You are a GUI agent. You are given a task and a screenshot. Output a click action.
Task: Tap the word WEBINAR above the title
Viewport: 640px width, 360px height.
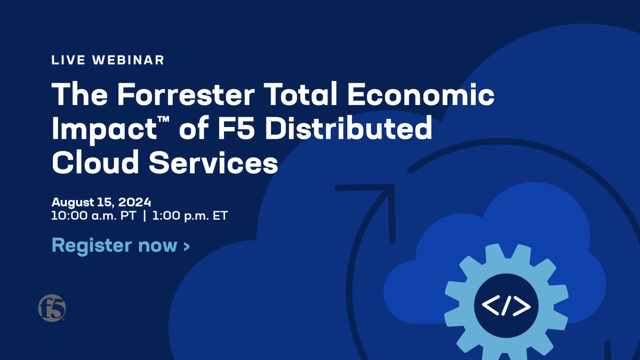(129, 60)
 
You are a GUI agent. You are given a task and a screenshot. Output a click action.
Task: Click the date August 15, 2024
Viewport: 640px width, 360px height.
(101, 203)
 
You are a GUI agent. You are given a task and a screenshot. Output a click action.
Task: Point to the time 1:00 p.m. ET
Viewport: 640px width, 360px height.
(190, 217)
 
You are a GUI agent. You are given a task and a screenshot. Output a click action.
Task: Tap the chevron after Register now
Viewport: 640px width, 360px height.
(186, 246)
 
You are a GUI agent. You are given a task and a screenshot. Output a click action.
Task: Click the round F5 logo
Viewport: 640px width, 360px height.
(52, 308)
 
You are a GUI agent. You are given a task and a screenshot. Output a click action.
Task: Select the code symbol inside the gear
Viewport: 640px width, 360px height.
(506, 306)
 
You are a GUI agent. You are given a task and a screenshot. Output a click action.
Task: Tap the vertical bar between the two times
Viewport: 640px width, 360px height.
(145, 217)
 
